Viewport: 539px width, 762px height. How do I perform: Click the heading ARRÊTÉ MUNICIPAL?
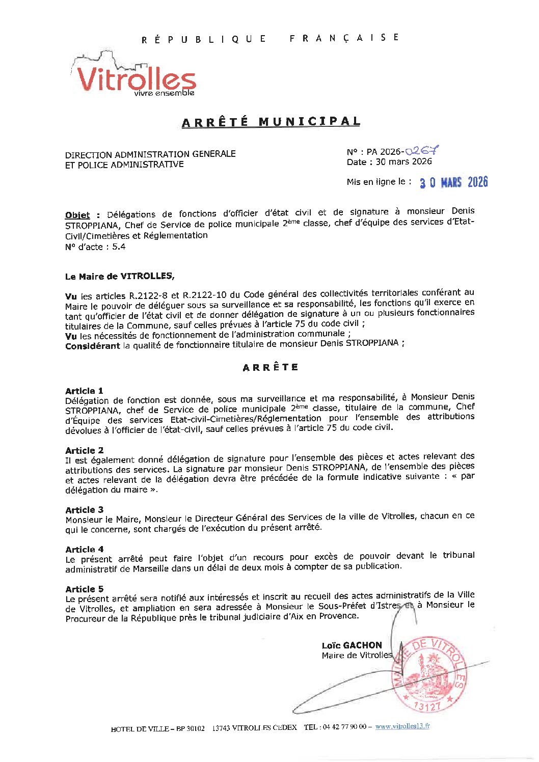(271, 122)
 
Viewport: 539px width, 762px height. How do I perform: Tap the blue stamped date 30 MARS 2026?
(453, 182)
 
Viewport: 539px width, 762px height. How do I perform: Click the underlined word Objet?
(77, 215)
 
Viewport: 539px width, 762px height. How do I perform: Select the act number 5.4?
(119, 247)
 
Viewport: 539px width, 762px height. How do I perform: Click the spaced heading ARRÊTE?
(271, 367)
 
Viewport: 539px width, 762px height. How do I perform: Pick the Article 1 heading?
(84, 391)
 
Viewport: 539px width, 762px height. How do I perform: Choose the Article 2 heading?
(84, 450)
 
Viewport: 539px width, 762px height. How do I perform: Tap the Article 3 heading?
(84, 510)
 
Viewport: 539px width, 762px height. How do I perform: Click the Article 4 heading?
(84, 550)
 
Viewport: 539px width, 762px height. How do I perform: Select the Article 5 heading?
(84, 589)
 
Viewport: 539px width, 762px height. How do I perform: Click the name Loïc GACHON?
(352, 645)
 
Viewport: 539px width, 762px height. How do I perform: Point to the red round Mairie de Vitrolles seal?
(428, 675)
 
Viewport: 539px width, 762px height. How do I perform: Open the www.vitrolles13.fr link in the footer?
(402, 727)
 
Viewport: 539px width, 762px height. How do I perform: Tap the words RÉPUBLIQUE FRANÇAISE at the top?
(271, 39)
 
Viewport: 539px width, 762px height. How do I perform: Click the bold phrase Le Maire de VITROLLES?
(119, 276)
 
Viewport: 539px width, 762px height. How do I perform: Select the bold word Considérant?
(92, 346)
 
